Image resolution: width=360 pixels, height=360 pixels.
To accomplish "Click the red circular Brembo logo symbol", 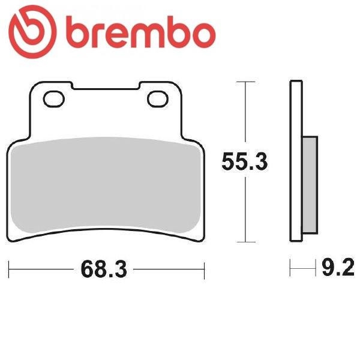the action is pos(32,32).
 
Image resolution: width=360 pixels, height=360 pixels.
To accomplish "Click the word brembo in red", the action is pos(141,32).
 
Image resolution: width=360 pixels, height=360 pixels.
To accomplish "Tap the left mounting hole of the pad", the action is pos(54,99).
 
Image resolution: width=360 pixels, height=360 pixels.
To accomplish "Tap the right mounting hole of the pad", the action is pos(158,99).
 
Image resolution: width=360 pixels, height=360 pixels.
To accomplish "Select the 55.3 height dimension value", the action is pos(245,161).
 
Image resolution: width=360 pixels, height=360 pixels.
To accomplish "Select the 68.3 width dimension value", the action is pos(104,269).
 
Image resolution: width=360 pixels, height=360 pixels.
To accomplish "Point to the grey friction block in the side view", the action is pos(310,185).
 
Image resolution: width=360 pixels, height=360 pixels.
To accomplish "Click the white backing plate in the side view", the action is pos(296,161).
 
